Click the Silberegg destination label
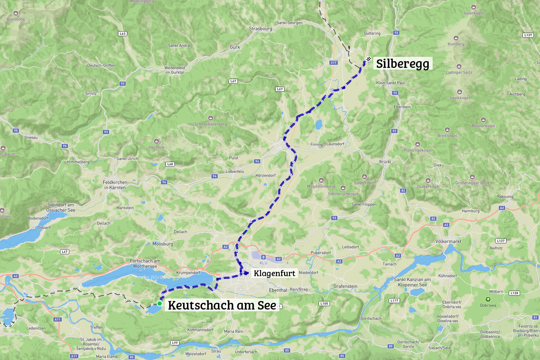tap(402, 64)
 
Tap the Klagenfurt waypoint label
tap(274, 273)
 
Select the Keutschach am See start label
tap(222, 305)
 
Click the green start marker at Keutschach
tap(160, 303)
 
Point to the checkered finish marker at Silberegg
tap(369, 59)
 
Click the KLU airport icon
tap(263, 257)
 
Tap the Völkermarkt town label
tap(448, 241)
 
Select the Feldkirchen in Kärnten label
tap(115, 185)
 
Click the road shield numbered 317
tap(333, 63)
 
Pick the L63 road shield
tap(122, 34)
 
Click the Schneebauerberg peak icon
tap(210, 118)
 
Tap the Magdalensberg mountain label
tap(321, 186)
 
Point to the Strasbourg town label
tap(260, 29)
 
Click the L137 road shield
tap(528, 35)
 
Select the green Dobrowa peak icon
tap(488, 300)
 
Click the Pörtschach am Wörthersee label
tap(145, 263)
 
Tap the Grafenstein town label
tap(345, 286)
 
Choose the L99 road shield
tap(175, 343)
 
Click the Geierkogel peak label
tap(474, 13)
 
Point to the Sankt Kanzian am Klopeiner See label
tap(412, 282)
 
